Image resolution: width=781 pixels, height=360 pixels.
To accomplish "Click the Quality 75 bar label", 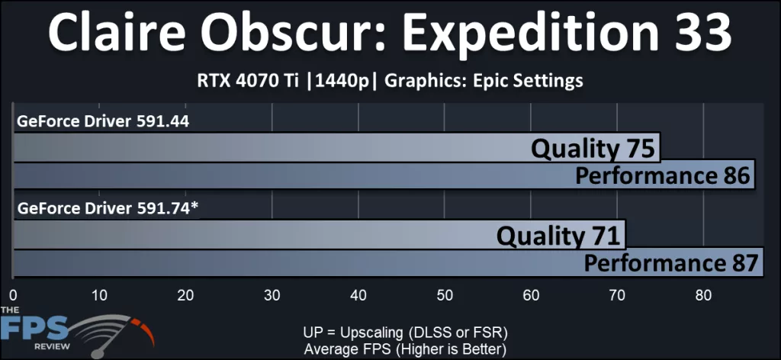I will (593, 148).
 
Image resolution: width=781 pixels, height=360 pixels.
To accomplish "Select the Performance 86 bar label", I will (664, 176).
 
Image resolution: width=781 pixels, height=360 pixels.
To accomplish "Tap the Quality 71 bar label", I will (557, 236).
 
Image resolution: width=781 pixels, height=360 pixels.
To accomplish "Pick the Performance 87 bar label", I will (671, 264).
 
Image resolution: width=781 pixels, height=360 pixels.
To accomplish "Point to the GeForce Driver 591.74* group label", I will (108, 207).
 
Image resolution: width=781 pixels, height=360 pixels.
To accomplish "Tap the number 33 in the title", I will (695, 34).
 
